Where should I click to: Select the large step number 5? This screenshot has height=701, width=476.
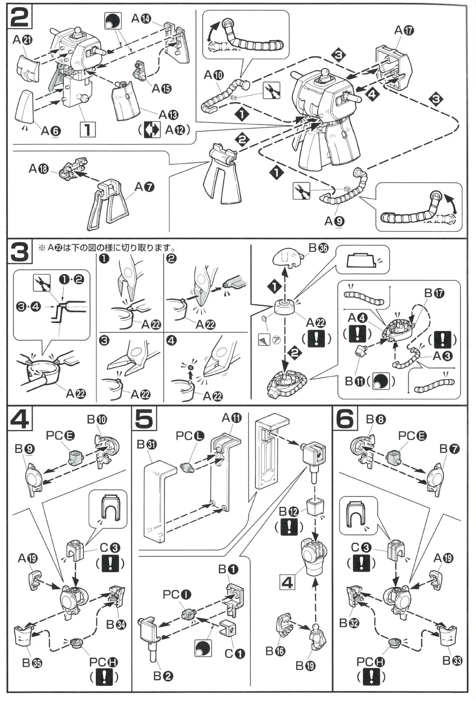coord(145,419)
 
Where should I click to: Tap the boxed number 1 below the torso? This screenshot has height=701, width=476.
coord(87,129)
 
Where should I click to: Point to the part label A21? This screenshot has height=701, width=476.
coord(22,40)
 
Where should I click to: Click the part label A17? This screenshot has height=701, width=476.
coord(404,30)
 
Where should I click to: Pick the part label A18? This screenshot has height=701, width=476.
coord(39,168)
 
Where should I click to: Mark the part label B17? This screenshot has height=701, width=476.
coord(434,293)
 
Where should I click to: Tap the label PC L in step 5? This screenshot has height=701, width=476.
coord(190,436)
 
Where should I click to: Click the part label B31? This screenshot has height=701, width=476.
coord(147,444)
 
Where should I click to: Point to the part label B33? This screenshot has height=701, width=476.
coord(452,660)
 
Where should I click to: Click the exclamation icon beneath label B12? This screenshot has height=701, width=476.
coord(290,527)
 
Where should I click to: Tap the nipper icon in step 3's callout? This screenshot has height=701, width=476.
coord(42,283)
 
